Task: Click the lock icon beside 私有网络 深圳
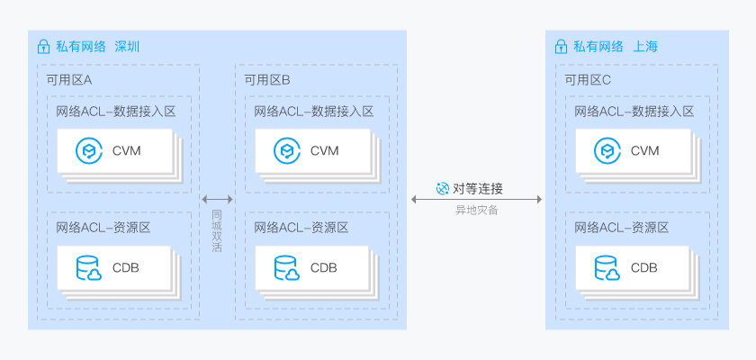42,47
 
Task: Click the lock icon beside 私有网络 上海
561,47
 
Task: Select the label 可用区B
267,80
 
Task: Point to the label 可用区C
588,80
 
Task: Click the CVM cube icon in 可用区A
87,150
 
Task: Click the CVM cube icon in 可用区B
285,150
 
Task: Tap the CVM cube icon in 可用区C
606,150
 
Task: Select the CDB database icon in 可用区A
88,268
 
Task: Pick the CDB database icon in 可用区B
286,268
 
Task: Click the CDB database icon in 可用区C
607,268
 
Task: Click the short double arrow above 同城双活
217,199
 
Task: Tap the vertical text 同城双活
217,231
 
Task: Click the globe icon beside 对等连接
442,188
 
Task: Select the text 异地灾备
477,210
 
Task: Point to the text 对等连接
477,188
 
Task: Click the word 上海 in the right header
645,47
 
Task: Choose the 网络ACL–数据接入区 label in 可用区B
313,112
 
